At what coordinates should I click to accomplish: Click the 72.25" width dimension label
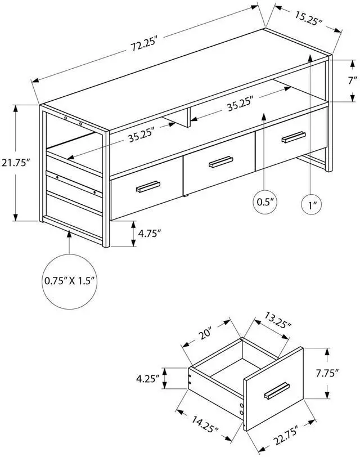pyautogui.click(x=143, y=44)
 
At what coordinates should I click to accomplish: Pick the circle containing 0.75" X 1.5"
pyautogui.click(x=70, y=280)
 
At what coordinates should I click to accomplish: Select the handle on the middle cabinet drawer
pyautogui.click(x=220, y=162)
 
